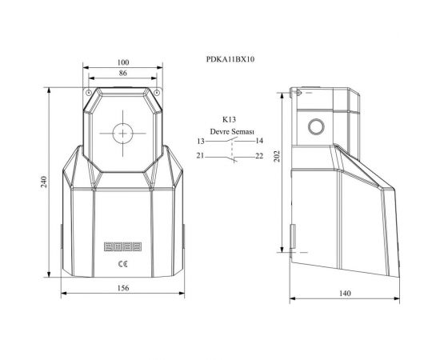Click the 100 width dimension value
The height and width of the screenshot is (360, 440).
123,62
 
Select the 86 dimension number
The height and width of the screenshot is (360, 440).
123,73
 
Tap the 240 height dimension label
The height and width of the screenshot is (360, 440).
44,182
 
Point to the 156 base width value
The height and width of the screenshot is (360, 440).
123,288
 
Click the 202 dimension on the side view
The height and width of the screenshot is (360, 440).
277,157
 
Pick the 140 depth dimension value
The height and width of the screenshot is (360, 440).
345,294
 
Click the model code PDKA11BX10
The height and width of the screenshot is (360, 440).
230,59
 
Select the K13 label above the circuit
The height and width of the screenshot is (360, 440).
230,119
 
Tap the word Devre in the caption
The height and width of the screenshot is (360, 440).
220,131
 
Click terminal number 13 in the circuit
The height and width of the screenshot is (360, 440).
201,141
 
